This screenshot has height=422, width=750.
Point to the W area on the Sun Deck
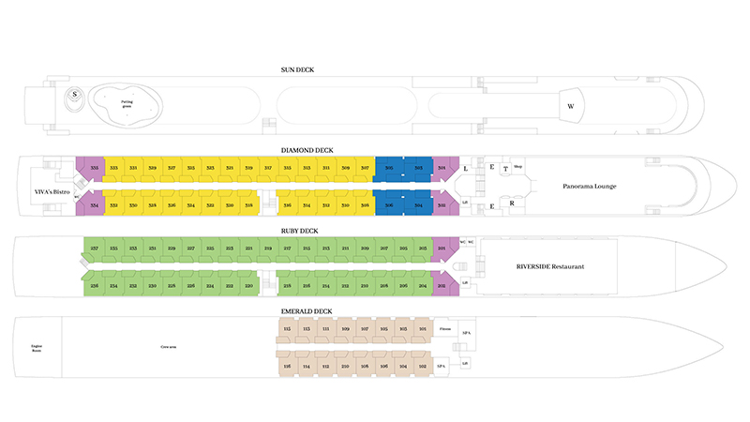pos(570,106)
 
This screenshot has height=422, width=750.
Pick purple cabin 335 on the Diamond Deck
pos(93,168)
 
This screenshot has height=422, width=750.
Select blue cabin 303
pos(418,168)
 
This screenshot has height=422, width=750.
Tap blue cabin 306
pos(389,204)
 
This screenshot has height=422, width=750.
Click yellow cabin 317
pos(268,168)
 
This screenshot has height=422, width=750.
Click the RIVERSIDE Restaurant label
pos(550,266)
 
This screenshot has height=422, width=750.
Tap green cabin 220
pos(248,285)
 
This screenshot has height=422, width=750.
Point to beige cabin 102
pos(424,366)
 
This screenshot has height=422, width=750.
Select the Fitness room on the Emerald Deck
pos(445,329)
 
